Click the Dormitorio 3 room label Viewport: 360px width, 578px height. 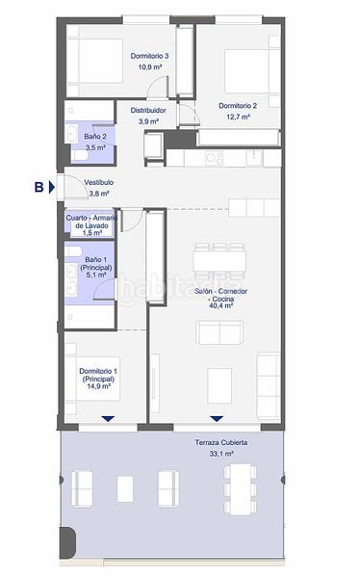(150, 57)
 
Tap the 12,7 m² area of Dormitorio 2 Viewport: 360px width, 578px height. (238, 117)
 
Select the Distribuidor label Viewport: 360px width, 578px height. (149, 111)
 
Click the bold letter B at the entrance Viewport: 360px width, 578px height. (39, 187)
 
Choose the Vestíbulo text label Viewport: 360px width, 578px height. (99, 182)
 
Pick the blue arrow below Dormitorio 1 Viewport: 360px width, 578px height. (107, 417)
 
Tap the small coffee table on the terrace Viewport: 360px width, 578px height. (125, 489)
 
